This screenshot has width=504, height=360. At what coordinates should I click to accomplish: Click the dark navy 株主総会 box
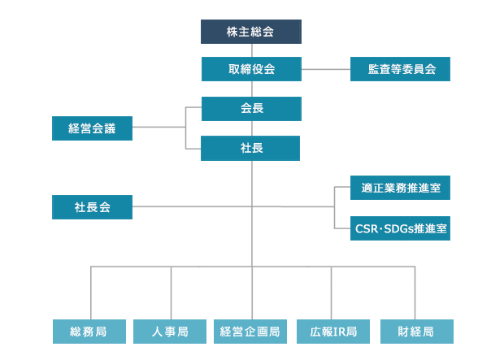[251, 32]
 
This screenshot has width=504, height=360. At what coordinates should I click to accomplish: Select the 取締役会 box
[251, 69]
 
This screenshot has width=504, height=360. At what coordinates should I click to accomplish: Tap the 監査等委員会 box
[400, 69]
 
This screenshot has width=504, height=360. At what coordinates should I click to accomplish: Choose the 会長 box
[251, 109]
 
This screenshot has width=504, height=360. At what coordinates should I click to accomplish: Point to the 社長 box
[250, 148]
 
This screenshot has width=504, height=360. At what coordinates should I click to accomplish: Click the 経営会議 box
[92, 128]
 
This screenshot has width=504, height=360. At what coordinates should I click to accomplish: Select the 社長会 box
[92, 207]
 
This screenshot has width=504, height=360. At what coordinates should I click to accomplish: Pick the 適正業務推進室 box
[400, 188]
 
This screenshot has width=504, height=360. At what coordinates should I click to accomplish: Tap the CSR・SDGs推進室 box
[400, 228]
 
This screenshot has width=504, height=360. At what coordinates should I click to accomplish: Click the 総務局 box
[89, 332]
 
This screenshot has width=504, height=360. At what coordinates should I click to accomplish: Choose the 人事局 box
[170, 332]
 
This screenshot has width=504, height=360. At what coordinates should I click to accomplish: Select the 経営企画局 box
[250, 332]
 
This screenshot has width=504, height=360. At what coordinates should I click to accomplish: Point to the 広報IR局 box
[333, 332]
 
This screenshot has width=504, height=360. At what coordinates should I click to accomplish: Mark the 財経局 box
[417, 332]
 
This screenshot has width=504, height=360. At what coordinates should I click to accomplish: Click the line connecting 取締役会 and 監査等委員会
[326, 69]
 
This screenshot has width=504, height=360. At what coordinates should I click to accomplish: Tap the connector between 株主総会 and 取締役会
[252, 50]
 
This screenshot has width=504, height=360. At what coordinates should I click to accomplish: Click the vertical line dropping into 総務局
[91, 293]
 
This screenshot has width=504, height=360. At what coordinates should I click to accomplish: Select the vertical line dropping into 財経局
[415, 293]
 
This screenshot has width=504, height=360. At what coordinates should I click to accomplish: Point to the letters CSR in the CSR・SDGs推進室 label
[366, 228]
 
